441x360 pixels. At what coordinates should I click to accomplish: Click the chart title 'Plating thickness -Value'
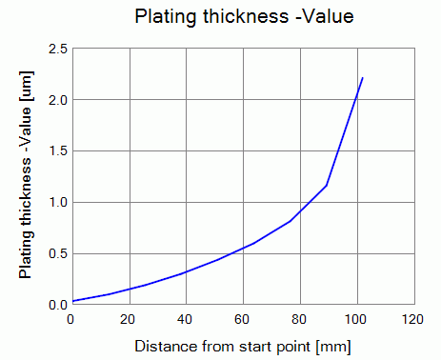coord(244,16)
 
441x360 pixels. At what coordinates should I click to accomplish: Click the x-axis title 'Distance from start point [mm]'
coord(243,347)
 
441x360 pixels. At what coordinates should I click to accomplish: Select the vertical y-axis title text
coord(26,175)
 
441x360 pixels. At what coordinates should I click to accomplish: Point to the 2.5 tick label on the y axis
coord(58,49)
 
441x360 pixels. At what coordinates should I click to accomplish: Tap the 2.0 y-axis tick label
coord(58,100)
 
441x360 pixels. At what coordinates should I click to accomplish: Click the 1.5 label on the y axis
coord(58,151)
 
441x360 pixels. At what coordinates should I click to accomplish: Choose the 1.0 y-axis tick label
coord(58,203)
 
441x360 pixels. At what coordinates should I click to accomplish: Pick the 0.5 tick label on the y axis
coord(58,254)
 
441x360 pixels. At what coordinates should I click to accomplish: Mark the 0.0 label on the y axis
coord(58,305)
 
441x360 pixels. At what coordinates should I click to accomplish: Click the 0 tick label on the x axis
coord(70,319)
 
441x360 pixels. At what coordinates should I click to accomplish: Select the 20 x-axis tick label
coord(128,319)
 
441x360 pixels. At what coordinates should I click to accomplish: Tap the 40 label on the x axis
coord(185,319)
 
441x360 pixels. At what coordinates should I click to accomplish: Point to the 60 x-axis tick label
coord(242,319)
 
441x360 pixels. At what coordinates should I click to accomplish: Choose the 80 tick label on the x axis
coord(299,319)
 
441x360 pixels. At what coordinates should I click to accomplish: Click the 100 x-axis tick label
coord(355,319)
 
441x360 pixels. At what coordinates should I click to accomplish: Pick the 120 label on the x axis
coord(412,319)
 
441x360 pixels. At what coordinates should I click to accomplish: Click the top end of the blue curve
coord(362,77)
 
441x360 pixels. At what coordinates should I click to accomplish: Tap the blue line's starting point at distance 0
coord(73,301)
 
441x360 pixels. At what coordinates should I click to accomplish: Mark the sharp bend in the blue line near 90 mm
coord(327,186)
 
